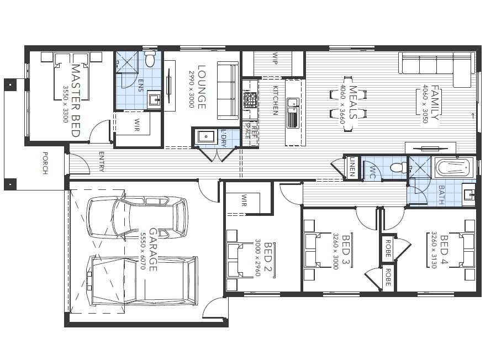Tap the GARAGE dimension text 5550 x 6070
point(143,250)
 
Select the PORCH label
point(45,163)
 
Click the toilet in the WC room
point(395,167)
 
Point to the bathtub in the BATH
point(453,167)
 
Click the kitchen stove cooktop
point(250,100)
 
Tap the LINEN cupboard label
point(352,166)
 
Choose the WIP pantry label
point(275,59)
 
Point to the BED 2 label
point(268,257)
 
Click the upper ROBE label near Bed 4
point(387,249)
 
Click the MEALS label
point(353,103)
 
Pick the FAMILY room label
point(435,103)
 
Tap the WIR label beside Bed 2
point(244,202)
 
